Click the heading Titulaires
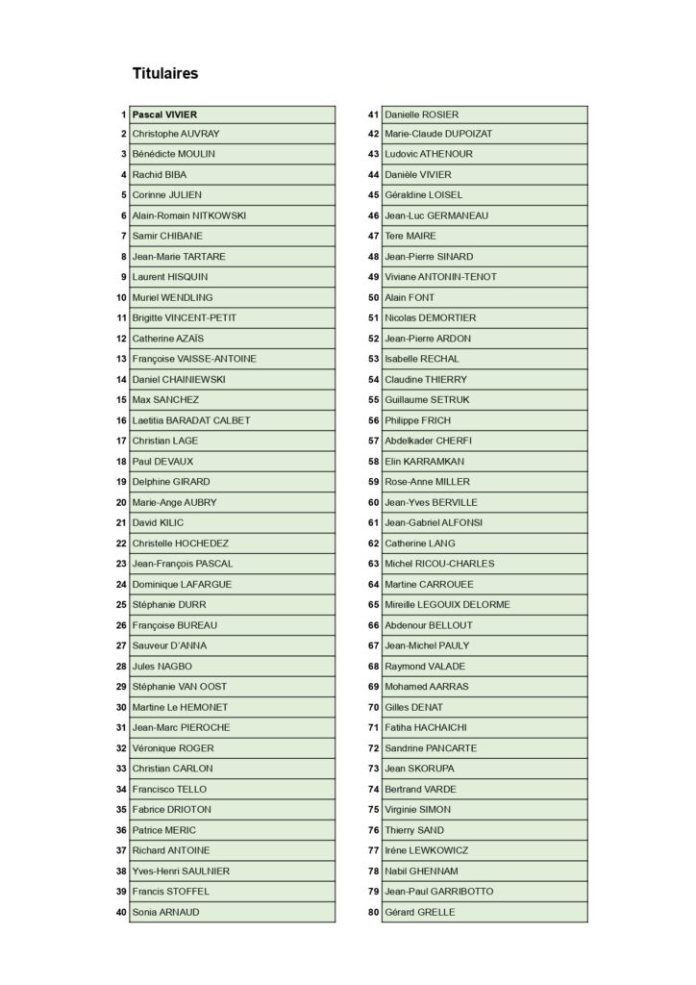coord(165,73)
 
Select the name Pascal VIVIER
coord(165,114)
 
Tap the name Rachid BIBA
coord(160,175)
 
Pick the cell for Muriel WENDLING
coord(173,297)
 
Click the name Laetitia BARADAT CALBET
coord(191,420)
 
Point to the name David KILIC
coord(158,522)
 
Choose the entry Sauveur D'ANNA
coord(169,645)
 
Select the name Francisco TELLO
coord(169,789)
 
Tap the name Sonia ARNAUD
coord(166,912)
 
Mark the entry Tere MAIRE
coord(410,236)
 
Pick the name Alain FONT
coord(410,297)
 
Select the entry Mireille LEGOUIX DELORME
coord(447,604)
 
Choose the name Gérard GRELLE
coord(419,912)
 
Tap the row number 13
coord(121,359)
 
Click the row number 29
coord(121,686)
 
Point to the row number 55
coord(373,399)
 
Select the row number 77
coord(373,850)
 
